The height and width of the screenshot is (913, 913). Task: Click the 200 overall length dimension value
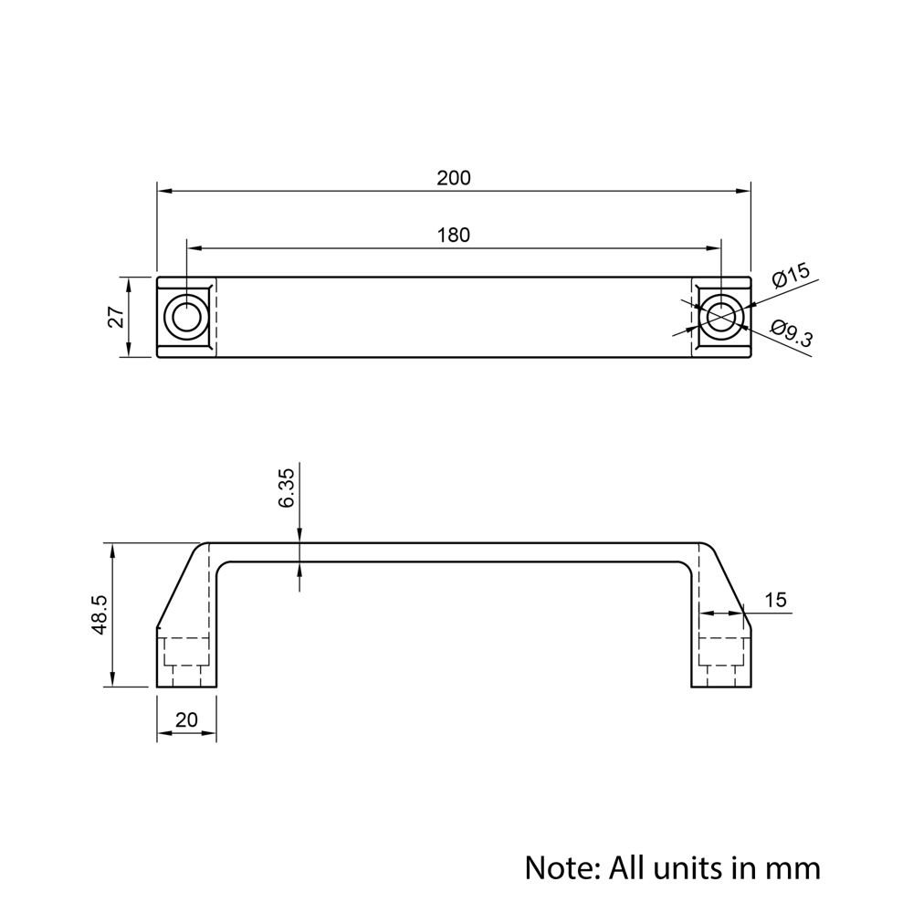453,178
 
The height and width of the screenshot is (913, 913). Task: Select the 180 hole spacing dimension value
453,236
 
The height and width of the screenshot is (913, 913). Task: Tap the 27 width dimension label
116,317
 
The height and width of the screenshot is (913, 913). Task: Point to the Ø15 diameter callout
791,275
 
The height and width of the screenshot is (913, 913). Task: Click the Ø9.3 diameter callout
792,333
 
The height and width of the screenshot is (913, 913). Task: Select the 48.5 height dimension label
100,614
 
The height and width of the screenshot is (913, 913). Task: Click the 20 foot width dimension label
186,720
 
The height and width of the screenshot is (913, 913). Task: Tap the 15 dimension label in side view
775,601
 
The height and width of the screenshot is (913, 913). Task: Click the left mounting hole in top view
186,317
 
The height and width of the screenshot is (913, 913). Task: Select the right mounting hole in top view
721,317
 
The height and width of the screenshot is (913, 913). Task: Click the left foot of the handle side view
186,661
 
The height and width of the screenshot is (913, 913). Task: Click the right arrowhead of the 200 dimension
743,191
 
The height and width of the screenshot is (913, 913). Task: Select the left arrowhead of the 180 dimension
194,248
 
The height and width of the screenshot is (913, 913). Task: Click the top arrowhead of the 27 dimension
129,283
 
